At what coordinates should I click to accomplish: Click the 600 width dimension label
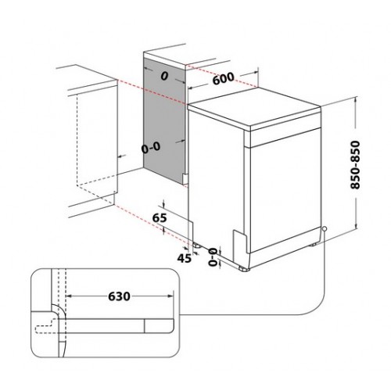tap(224, 78)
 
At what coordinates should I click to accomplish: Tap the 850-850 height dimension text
tap(355, 165)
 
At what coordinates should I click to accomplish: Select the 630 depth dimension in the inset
tap(119, 296)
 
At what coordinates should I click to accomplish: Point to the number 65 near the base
tap(160, 217)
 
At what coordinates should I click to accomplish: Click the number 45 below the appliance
tap(185, 258)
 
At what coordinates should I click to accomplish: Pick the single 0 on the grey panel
tap(164, 77)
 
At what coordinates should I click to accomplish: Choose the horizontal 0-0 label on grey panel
tap(151, 148)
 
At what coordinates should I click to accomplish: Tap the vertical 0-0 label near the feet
tap(213, 257)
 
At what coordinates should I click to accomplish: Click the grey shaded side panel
tap(164, 120)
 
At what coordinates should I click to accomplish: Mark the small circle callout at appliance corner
tap(325, 228)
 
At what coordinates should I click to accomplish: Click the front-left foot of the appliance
tap(245, 268)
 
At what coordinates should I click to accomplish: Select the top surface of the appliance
tap(254, 108)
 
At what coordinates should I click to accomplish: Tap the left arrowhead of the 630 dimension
tap(70, 296)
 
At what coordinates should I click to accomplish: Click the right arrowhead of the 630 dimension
tap(170, 296)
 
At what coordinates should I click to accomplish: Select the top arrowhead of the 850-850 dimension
tap(355, 99)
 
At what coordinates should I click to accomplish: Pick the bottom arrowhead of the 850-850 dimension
tap(355, 225)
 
